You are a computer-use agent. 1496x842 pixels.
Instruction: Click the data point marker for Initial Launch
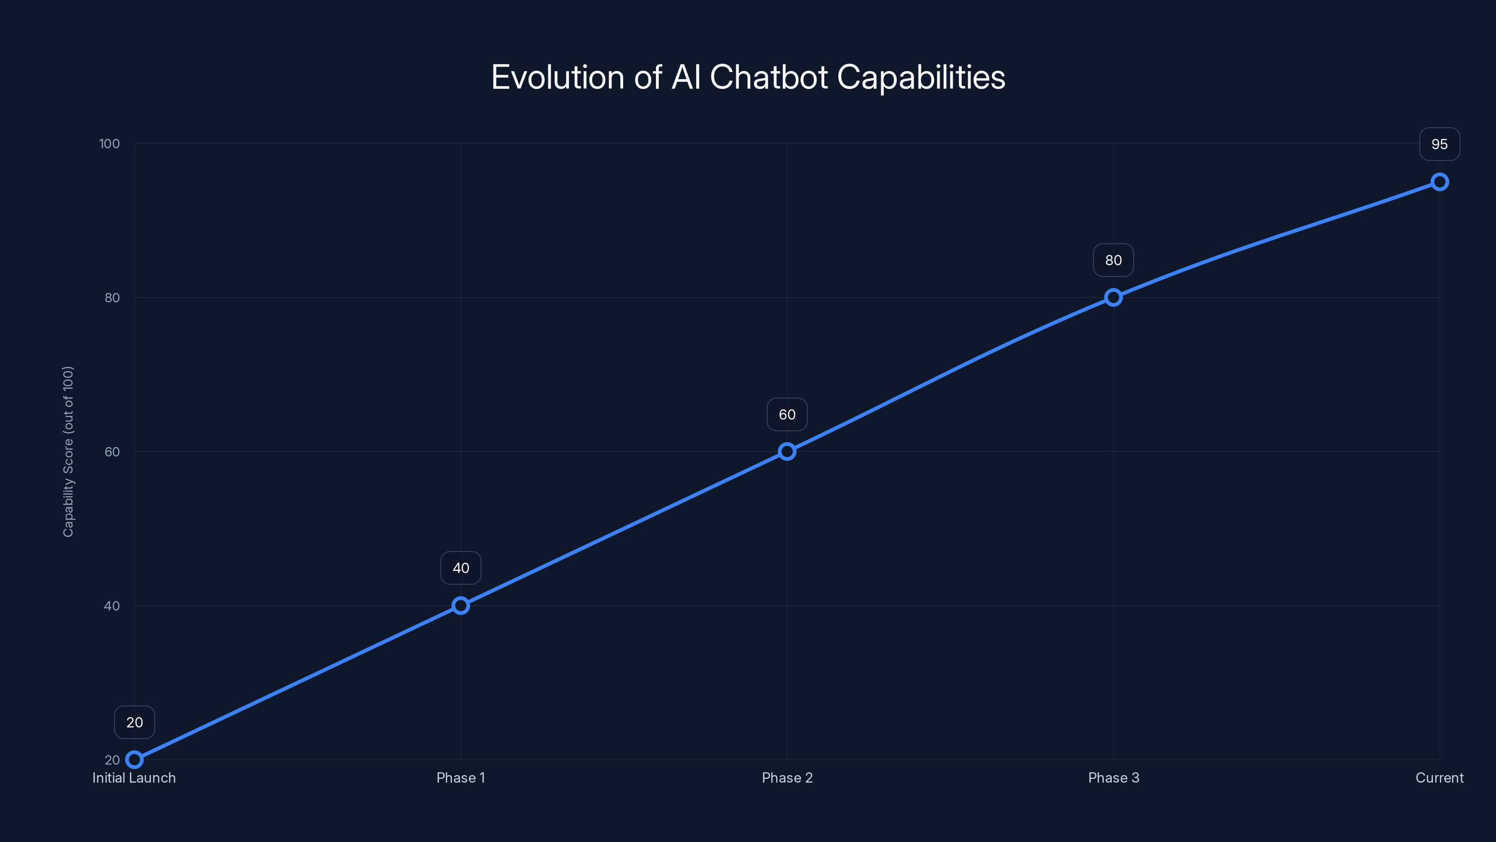134,760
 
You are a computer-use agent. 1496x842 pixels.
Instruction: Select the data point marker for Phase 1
460,605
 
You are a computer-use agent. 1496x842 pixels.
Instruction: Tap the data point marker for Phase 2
787,451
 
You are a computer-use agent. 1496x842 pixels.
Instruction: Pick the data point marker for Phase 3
1113,298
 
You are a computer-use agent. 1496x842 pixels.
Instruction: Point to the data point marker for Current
1440,182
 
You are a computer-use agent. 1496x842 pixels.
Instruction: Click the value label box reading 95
1440,144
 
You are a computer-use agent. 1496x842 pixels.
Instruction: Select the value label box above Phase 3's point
1113,261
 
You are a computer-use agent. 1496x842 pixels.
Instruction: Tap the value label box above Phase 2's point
787,414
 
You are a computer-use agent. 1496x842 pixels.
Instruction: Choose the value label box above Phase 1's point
460,568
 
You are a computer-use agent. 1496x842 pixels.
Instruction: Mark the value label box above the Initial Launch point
134,722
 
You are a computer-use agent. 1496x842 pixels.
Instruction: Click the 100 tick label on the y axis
109,144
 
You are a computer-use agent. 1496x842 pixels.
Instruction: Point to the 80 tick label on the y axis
112,298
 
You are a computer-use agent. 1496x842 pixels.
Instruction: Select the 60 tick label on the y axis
112,451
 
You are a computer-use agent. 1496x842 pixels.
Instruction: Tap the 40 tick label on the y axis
112,605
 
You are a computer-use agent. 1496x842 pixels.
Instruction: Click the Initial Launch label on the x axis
134,777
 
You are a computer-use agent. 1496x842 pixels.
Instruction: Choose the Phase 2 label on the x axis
787,777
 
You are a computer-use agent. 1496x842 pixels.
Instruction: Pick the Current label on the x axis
1440,777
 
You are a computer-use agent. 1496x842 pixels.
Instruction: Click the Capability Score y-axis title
68,451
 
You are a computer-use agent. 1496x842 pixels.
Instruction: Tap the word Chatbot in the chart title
769,77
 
